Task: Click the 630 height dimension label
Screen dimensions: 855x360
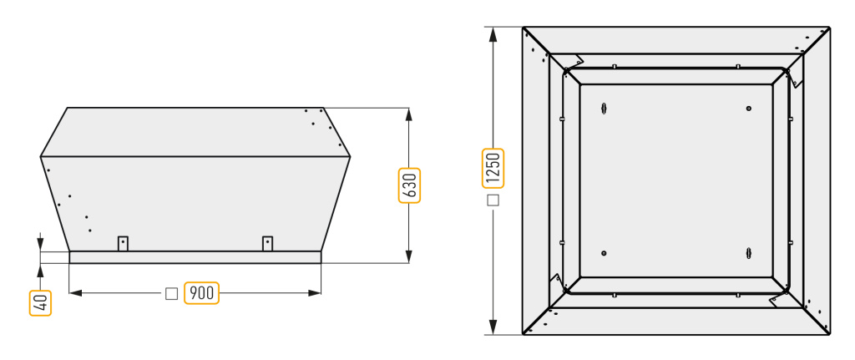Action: click(x=409, y=185)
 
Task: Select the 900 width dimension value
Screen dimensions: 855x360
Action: click(x=202, y=293)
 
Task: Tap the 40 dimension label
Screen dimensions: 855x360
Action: click(x=40, y=302)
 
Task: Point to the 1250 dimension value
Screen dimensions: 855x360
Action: click(x=493, y=169)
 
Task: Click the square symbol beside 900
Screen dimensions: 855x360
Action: click(x=171, y=293)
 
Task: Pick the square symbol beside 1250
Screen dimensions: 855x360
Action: click(x=493, y=200)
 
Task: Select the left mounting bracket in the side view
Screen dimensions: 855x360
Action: click(x=124, y=243)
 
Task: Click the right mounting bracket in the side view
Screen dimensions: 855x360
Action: click(x=267, y=243)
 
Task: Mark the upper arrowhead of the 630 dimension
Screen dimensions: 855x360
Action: click(x=409, y=114)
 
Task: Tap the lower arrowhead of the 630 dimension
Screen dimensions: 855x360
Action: click(x=409, y=257)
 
